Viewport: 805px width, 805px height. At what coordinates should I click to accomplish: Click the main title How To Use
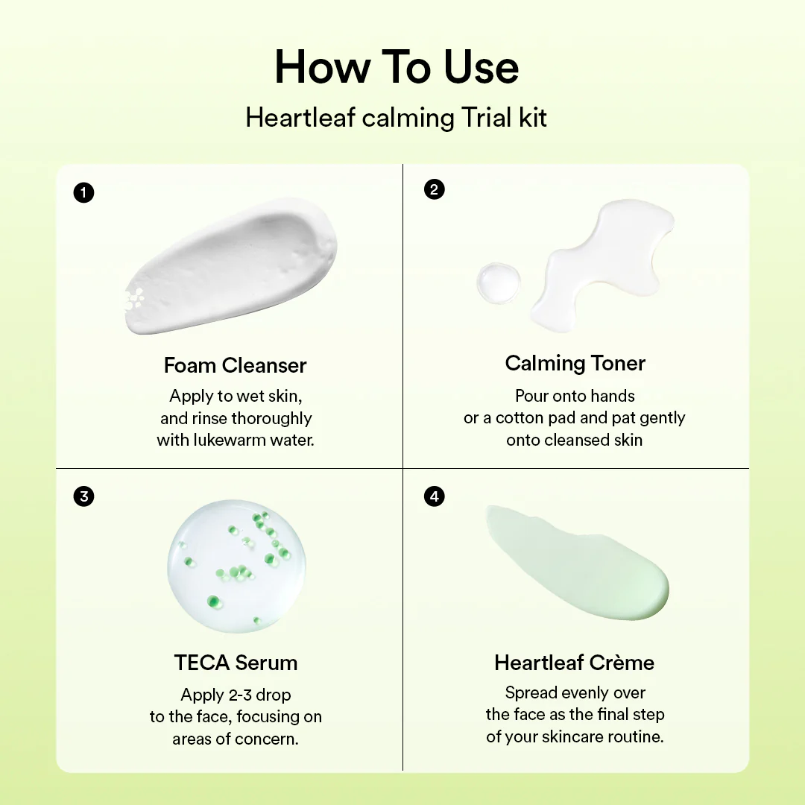coord(397,68)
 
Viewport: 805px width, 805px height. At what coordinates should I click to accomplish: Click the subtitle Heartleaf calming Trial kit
coord(397,118)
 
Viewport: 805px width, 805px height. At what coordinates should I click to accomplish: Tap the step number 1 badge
coord(84,193)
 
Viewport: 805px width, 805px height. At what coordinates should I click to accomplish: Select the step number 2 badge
coord(434,189)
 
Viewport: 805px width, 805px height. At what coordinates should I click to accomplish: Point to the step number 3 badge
coord(84,496)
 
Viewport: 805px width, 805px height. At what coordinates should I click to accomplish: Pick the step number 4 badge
coord(434,496)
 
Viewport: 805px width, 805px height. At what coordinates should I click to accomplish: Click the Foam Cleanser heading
coord(235,365)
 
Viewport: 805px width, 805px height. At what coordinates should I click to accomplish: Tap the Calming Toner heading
coord(575,363)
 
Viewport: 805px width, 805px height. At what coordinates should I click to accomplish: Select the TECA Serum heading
coord(236,663)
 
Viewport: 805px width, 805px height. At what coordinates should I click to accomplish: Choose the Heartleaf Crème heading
coord(574,663)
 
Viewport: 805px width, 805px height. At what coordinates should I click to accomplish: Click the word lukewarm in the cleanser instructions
coord(233,440)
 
